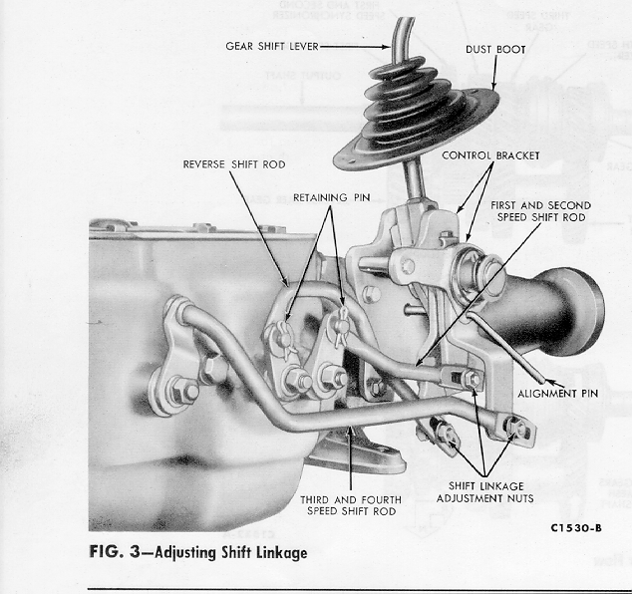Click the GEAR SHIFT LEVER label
(x=272, y=46)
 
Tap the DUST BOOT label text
(x=495, y=50)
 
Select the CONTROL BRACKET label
(x=490, y=155)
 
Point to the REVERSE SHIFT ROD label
(x=234, y=164)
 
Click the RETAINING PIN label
(x=332, y=197)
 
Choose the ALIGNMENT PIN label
(x=558, y=394)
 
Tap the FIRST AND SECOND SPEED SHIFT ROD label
(x=541, y=211)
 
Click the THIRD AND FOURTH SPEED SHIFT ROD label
(x=351, y=505)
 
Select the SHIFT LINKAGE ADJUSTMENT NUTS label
(x=485, y=492)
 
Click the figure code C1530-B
(x=576, y=528)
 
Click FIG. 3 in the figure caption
(x=115, y=552)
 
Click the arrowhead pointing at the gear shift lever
(x=386, y=47)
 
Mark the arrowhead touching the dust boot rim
(x=494, y=85)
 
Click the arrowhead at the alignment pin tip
(x=548, y=382)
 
